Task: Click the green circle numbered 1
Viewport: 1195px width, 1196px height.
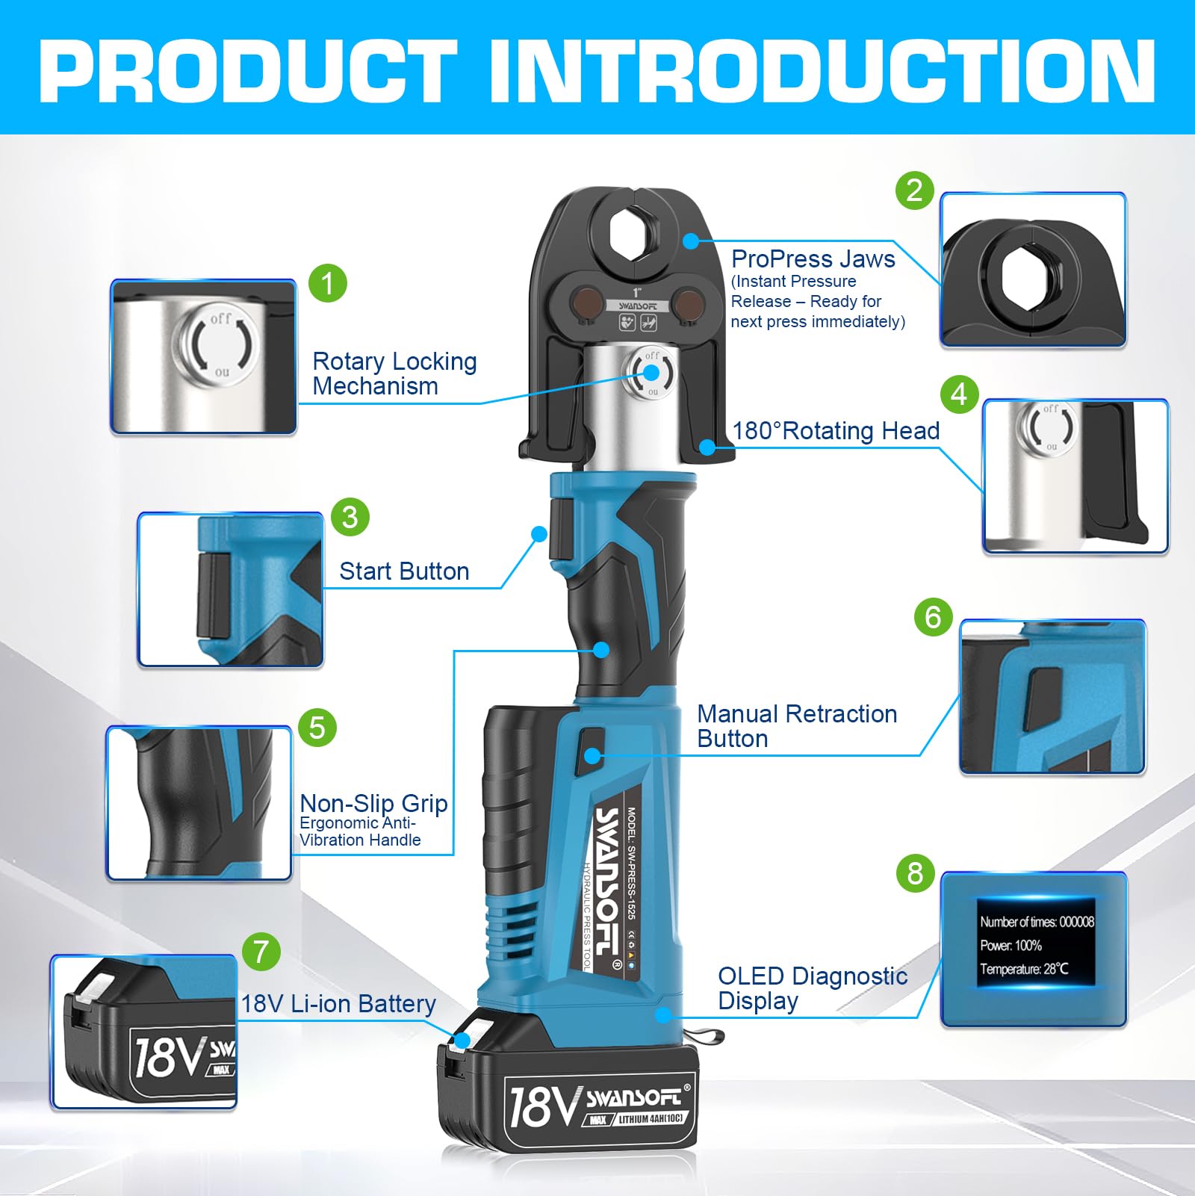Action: [x=328, y=283]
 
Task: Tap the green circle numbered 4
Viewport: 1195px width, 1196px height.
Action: [x=959, y=394]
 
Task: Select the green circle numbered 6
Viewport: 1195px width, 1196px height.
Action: [x=934, y=617]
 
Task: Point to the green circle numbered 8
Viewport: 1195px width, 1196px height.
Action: [x=916, y=873]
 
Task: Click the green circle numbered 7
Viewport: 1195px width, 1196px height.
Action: [x=261, y=952]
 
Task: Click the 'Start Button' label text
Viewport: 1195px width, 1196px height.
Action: [x=404, y=571]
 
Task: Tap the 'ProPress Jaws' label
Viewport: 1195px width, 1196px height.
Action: [x=813, y=259]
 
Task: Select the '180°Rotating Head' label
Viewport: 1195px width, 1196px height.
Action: [x=836, y=431]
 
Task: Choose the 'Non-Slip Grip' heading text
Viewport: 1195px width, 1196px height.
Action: [x=373, y=804]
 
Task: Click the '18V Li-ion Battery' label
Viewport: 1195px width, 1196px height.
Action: [x=338, y=1004]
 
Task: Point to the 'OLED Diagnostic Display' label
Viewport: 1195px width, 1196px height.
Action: [x=813, y=988]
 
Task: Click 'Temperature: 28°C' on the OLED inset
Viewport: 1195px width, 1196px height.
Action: [x=1024, y=969]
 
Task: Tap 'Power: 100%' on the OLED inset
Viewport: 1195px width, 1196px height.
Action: [x=1011, y=946]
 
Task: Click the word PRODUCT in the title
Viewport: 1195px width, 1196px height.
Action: [x=247, y=69]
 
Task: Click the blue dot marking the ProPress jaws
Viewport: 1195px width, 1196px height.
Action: [x=691, y=241]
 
